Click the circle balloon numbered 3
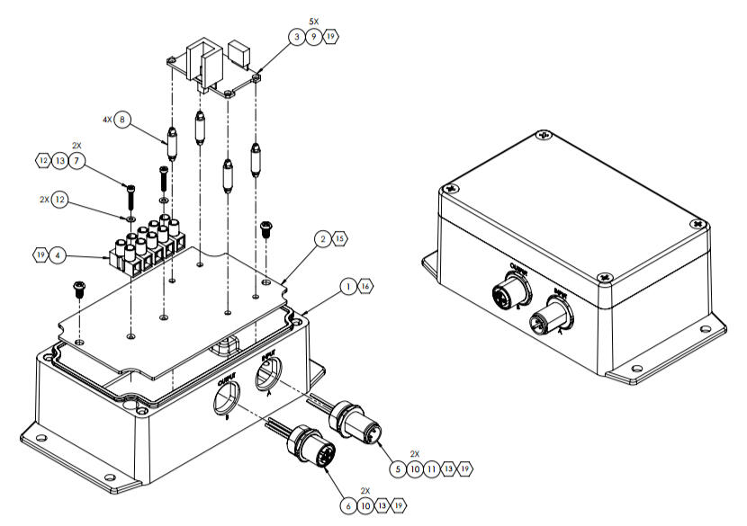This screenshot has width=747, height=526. click(296, 36)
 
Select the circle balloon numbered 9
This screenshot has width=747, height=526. click(314, 36)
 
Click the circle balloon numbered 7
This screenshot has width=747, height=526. click(78, 160)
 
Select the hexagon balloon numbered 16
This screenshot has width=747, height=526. click(364, 286)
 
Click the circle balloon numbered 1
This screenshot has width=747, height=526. click(347, 286)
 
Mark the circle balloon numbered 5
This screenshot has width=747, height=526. click(398, 468)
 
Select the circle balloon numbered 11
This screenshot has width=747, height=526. click(432, 468)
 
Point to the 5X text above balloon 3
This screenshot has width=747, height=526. click(313, 20)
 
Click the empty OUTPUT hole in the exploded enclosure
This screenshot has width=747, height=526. click(225, 399)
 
